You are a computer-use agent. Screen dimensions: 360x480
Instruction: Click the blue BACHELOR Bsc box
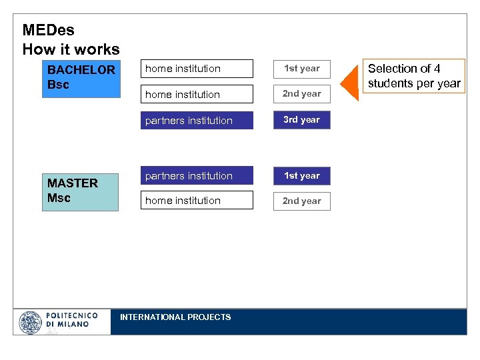[x=81, y=78]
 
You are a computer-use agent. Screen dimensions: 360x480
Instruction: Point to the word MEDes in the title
[x=49, y=30]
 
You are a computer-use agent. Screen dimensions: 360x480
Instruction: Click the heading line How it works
[x=71, y=49]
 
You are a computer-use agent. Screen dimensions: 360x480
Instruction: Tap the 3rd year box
[x=301, y=120]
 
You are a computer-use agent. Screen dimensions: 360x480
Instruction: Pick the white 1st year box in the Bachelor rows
[x=301, y=69]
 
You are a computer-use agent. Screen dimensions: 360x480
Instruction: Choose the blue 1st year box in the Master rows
[x=301, y=176]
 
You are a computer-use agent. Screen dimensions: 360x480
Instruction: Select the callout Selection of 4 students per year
[x=413, y=76]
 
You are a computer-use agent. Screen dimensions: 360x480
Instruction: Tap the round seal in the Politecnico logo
[x=31, y=323]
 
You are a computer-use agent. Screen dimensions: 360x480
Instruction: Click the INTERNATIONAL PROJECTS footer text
[x=175, y=317]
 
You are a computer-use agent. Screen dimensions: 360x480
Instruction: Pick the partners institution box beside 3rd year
[x=199, y=121]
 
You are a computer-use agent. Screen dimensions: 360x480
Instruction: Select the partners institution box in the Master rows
[x=199, y=176]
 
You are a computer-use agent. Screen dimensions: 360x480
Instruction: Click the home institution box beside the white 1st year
[x=199, y=69]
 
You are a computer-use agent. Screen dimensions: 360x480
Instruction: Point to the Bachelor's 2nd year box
[x=301, y=94]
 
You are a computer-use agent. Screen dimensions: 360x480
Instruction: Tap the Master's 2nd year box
[x=301, y=201]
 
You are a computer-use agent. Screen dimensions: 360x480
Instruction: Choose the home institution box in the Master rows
[x=199, y=201]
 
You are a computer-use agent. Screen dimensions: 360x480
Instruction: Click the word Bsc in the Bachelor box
[x=58, y=85]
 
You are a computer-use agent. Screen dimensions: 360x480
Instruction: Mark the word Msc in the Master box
[x=59, y=198]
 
